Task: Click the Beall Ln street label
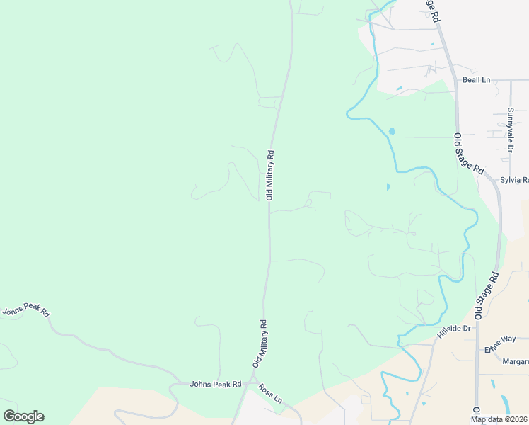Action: click(476, 80)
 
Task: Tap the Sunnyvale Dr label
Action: click(509, 130)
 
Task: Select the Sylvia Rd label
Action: click(514, 180)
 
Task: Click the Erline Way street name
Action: click(500, 344)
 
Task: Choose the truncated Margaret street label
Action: click(515, 362)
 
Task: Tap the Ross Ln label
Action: click(270, 391)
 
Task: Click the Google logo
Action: click(23, 416)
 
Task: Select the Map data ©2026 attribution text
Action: click(498, 419)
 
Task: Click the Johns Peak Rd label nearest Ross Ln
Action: click(216, 384)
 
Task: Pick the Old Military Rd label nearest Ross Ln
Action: click(260, 344)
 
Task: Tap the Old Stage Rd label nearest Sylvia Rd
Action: click(469, 154)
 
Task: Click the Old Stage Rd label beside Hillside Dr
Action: click(487, 294)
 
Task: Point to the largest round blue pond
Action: click(391, 131)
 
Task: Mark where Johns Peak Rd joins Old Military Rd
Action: click(249, 383)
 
